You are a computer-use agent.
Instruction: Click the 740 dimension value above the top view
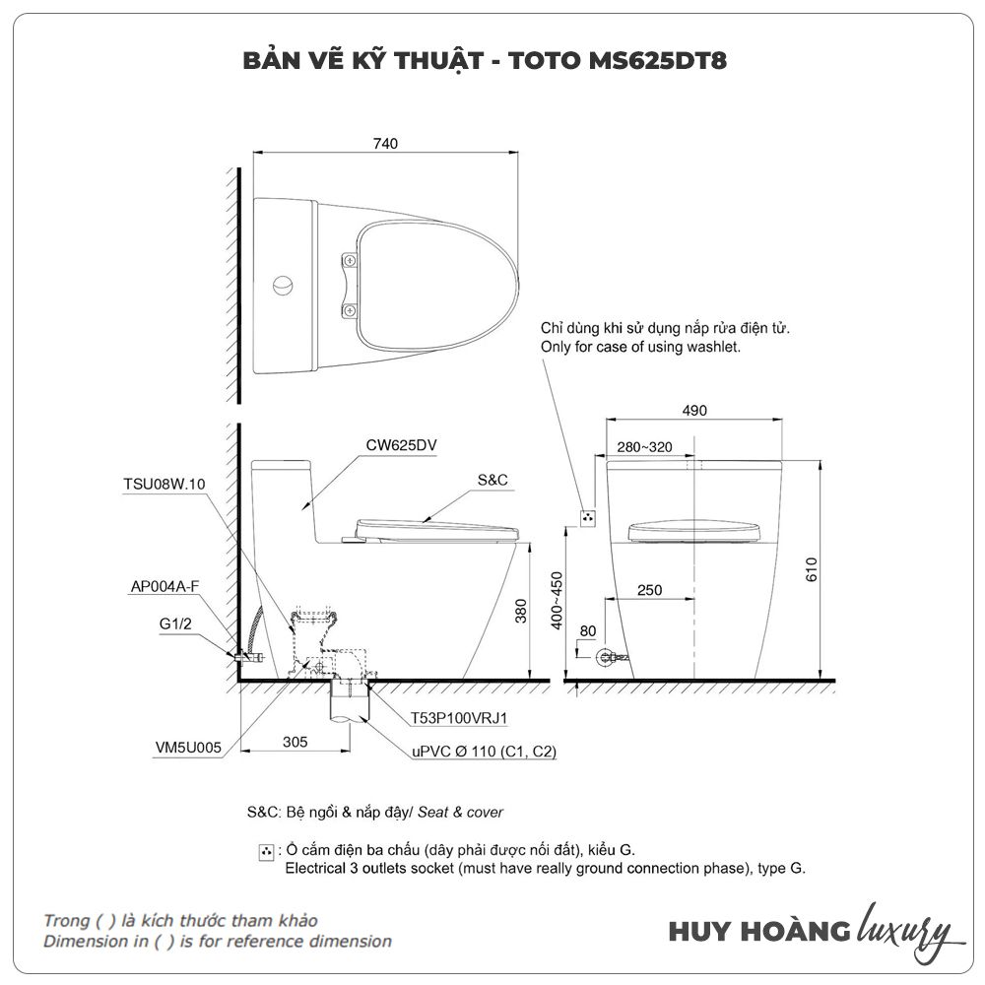(385, 144)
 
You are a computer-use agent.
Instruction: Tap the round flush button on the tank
(283, 286)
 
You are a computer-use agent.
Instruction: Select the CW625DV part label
(401, 445)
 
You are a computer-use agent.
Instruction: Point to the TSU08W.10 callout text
(164, 484)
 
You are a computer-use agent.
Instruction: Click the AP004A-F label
(164, 586)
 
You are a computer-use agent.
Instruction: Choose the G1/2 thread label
(175, 624)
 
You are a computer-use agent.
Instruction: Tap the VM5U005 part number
(188, 747)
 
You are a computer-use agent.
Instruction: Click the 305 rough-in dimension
(295, 742)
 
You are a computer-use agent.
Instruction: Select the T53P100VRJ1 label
(459, 718)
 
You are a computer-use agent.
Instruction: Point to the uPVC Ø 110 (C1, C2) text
(484, 752)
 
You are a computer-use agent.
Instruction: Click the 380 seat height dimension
(521, 611)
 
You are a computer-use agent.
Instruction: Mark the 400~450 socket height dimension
(557, 600)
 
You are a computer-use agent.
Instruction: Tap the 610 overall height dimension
(811, 569)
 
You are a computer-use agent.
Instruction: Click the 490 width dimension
(694, 410)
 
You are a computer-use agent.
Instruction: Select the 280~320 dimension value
(644, 446)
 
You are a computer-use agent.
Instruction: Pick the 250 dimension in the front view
(649, 590)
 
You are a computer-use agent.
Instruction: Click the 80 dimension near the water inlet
(587, 630)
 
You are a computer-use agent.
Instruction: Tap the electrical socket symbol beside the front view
(587, 518)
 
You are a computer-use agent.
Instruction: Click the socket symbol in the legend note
(266, 852)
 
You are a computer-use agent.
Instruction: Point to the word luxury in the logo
(904, 931)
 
